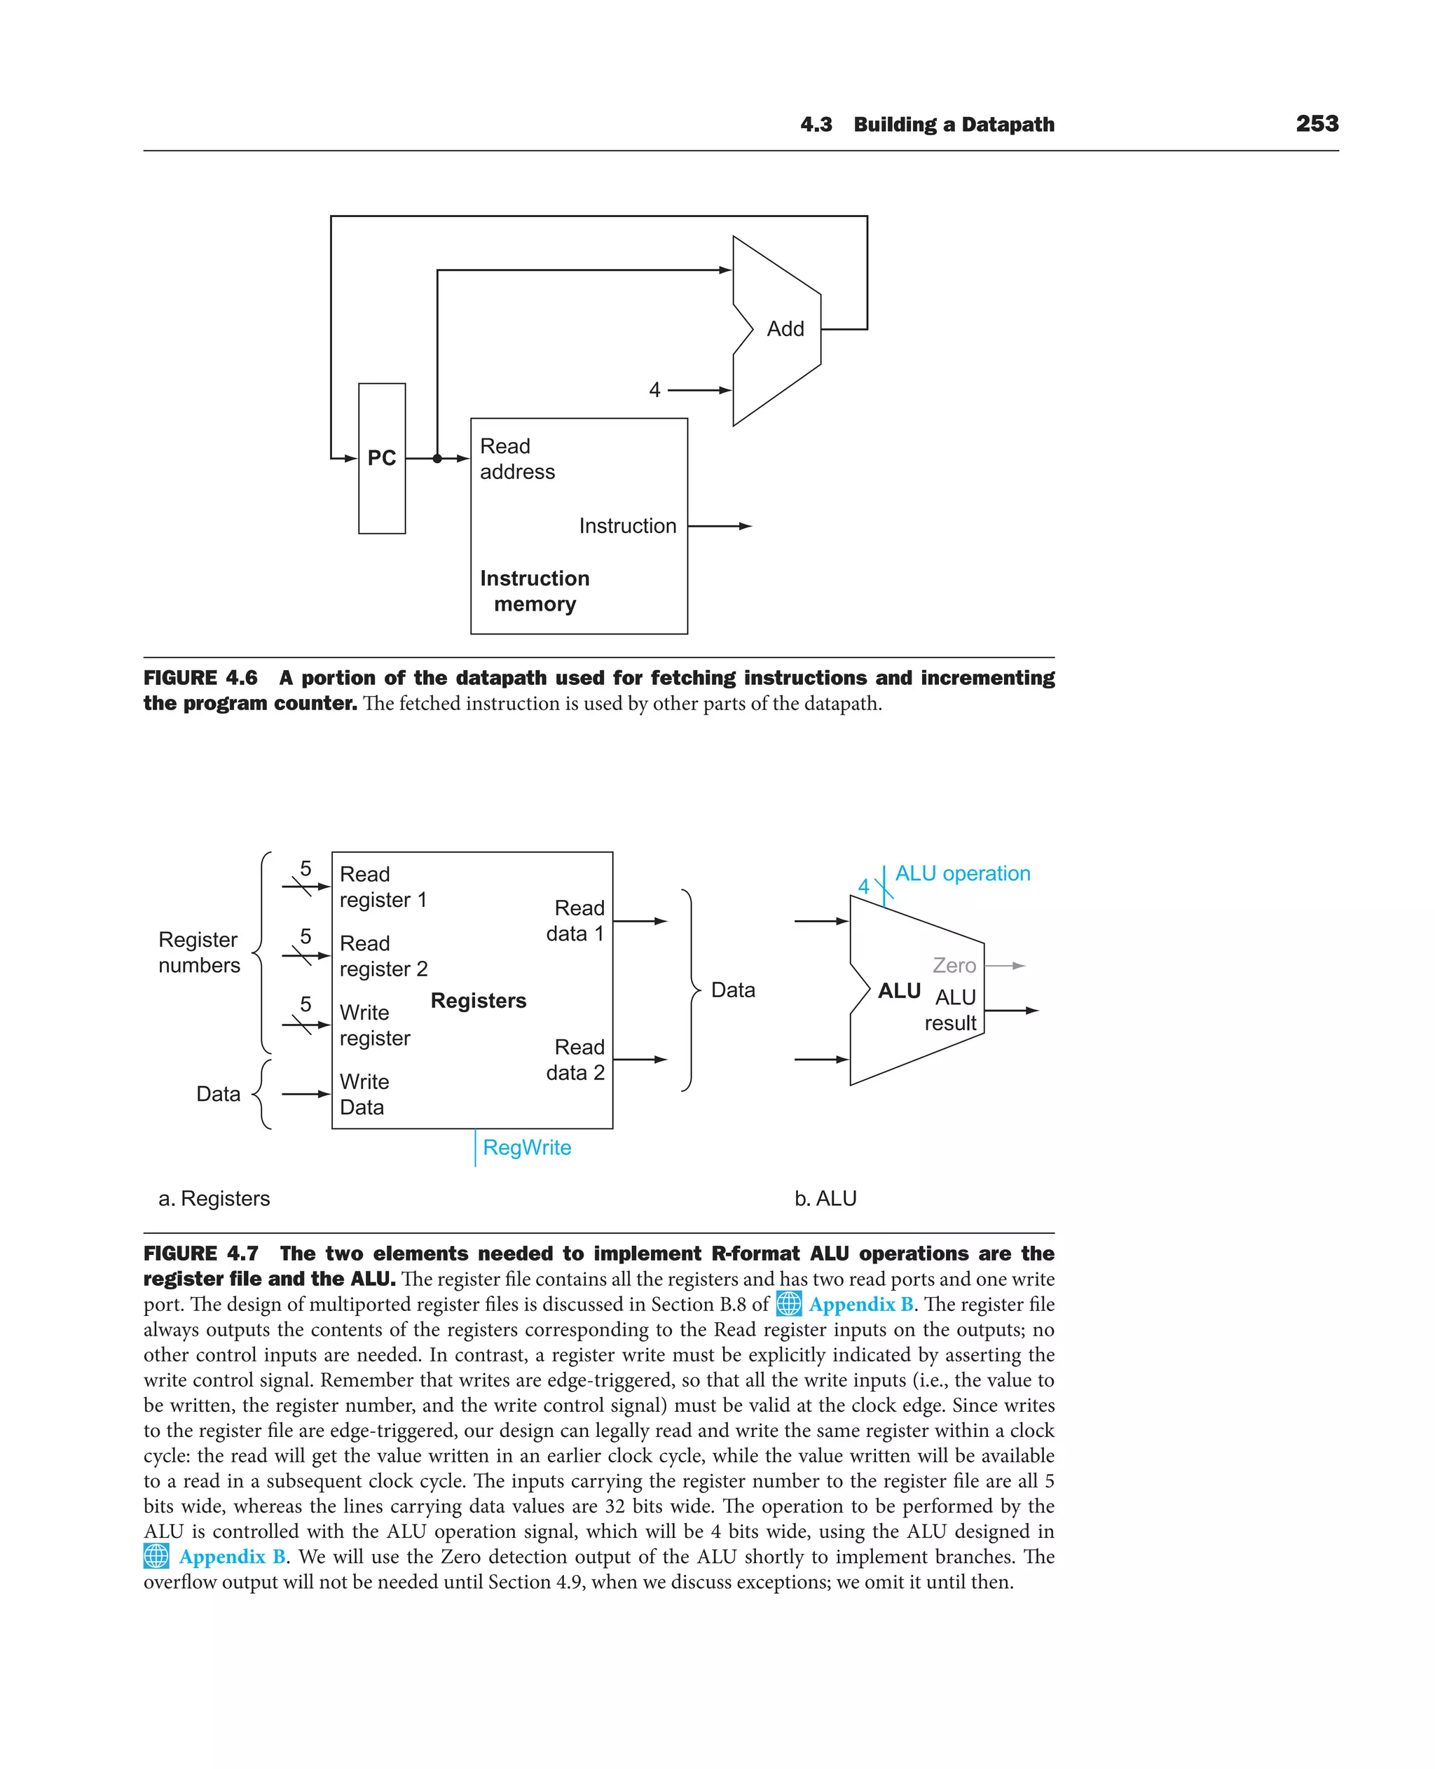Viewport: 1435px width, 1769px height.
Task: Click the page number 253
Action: [x=1317, y=124]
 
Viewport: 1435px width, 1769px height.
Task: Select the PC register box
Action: [x=382, y=458]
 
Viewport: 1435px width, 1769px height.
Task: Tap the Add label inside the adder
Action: [x=785, y=329]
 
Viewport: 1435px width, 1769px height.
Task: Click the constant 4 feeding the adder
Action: [x=654, y=390]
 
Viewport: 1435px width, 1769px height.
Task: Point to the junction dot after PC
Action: [x=437, y=459]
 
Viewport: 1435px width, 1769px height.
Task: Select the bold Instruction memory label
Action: [x=535, y=591]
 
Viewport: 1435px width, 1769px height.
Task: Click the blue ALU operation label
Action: [x=962, y=873]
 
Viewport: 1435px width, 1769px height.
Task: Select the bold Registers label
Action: [x=479, y=1001]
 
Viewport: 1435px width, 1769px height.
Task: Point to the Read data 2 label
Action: [x=575, y=1060]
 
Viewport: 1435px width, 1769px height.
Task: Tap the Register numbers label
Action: [x=199, y=952]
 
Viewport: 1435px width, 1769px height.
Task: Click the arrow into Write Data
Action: [x=305, y=1094]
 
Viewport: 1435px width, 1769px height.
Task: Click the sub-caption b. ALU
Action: [x=825, y=1198]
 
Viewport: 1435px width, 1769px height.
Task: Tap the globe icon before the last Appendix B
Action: [x=156, y=1557]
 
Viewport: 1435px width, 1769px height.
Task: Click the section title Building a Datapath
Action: [x=954, y=125]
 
